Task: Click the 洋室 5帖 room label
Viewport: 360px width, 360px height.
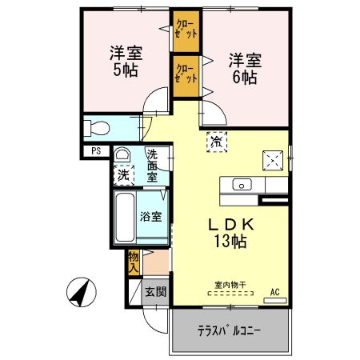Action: (x=126, y=62)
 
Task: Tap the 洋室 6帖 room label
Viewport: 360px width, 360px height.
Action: (x=245, y=68)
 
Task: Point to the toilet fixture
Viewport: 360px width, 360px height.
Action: (x=100, y=127)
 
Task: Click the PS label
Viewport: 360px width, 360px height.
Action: (x=96, y=150)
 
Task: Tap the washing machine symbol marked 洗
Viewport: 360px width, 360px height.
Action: (x=123, y=173)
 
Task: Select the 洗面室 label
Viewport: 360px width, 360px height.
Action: (x=152, y=165)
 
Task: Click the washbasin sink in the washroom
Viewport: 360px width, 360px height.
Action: (x=122, y=154)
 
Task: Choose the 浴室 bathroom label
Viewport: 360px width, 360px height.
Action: (x=151, y=217)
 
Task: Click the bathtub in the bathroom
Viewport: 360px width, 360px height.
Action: (x=125, y=219)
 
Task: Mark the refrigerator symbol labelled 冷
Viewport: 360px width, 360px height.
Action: (x=216, y=142)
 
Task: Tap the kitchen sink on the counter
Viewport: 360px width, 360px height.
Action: (x=241, y=184)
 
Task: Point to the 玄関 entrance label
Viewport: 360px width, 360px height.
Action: (x=154, y=292)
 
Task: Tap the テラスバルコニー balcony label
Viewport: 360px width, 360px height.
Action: (x=230, y=331)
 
